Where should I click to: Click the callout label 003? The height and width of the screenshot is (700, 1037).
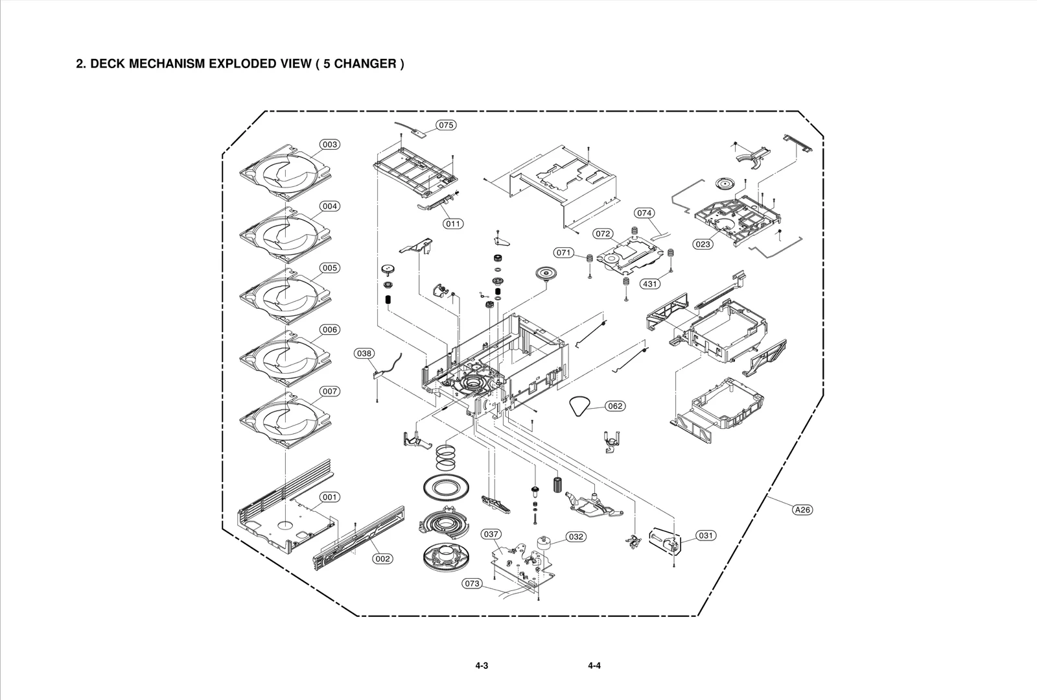point(330,145)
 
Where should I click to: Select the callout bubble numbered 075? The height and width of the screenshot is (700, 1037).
point(446,125)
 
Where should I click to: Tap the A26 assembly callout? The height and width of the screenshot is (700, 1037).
point(802,510)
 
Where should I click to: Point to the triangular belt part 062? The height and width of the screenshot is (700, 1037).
point(580,407)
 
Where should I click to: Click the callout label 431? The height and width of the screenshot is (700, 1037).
point(650,284)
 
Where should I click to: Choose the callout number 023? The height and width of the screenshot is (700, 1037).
point(703,245)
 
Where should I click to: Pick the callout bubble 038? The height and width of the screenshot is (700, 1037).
point(364,354)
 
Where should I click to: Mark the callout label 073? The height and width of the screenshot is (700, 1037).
point(472,584)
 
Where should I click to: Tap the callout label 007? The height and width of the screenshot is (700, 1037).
point(330,391)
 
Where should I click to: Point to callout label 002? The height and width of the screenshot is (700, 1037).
point(383,559)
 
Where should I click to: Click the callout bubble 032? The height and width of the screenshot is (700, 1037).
point(576,537)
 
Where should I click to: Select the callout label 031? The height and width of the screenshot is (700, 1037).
point(706,535)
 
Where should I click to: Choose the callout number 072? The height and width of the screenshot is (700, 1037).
point(603,234)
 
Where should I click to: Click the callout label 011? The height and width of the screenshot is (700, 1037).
point(453,224)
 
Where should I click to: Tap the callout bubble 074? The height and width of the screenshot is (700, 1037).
point(644,213)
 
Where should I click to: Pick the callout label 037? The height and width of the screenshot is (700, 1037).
point(491,534)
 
